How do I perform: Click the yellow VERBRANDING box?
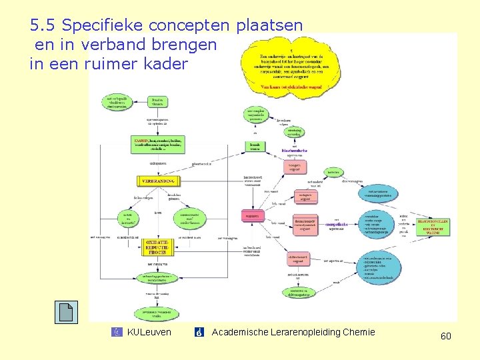159,181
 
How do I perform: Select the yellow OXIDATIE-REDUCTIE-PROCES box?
159,247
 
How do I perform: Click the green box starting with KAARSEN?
159,144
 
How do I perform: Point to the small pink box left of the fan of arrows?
253,217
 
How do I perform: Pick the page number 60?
445,337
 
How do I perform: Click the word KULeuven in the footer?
149,332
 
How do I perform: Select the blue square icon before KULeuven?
117,332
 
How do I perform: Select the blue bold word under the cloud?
294,151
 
